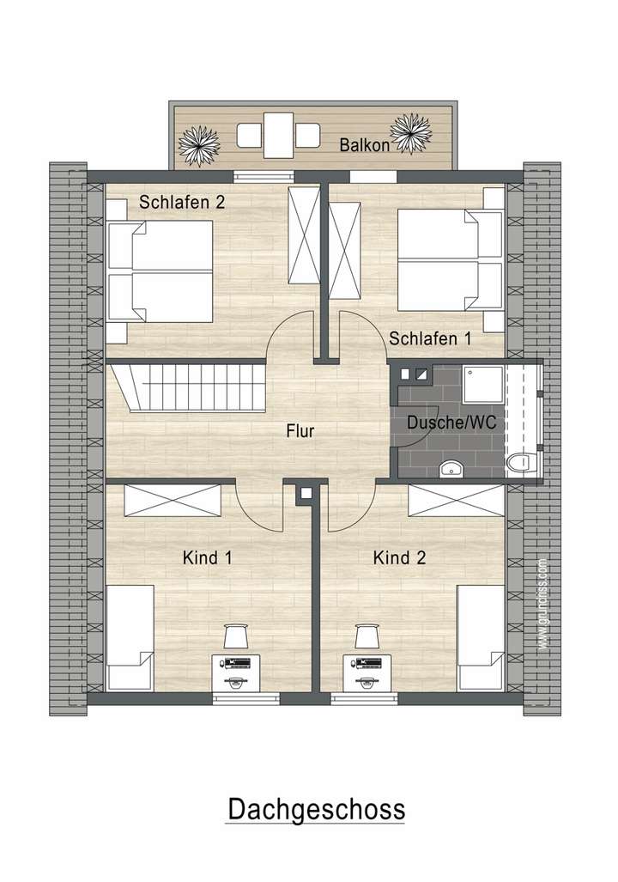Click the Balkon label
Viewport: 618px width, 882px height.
coord(365,145)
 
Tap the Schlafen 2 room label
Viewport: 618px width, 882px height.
coord(182,204)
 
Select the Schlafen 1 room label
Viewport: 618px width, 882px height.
coord(430,338)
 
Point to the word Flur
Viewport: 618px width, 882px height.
coord(300,431)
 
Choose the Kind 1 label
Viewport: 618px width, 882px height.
coord(208,558)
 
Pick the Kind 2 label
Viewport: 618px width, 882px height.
coord(399,558)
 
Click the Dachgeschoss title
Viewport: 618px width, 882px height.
coord(315,809)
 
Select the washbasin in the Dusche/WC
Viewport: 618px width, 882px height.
coord(451,468)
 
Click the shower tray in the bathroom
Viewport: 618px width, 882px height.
coord(483,385)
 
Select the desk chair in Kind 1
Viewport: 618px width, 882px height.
coord(235,636)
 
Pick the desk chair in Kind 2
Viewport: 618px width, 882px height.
coord(367,636)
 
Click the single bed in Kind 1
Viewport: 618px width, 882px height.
coord(130,637)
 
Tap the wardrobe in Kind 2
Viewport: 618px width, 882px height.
coord(456,500)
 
